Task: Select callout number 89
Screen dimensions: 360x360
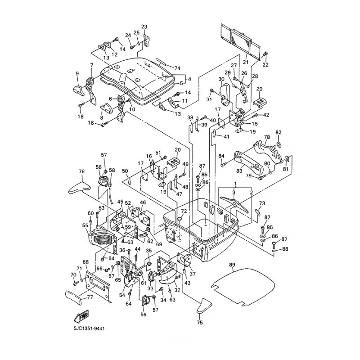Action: (x=232, y=265)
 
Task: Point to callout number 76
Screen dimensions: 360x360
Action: (x=81, y=171)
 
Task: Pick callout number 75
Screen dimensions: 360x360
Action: (x=200, y=322)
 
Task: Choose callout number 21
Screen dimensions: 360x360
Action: (x=246, y=62)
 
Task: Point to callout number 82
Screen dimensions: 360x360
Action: (x=278, y=132)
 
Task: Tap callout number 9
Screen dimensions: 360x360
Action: (x=77, y=74)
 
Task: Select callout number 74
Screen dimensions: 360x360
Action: (x=165, y=67)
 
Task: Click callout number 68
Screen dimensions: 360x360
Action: (x=85, y=262)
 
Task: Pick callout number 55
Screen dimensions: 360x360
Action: (x=85, y=225)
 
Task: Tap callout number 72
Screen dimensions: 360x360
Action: (x=184, y=211)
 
